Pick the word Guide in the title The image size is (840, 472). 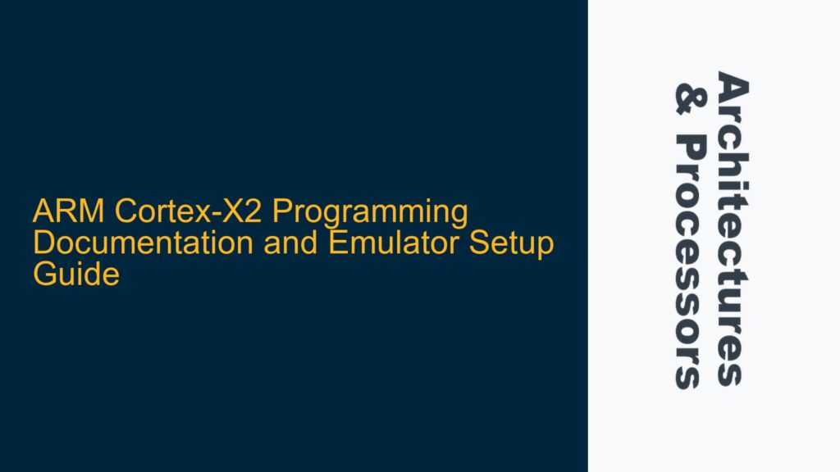[75, 275]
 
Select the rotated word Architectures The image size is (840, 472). [732, 229]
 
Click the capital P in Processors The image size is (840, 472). [687, 147]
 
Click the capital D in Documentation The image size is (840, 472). [42, 244]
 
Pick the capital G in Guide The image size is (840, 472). [43, 275]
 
